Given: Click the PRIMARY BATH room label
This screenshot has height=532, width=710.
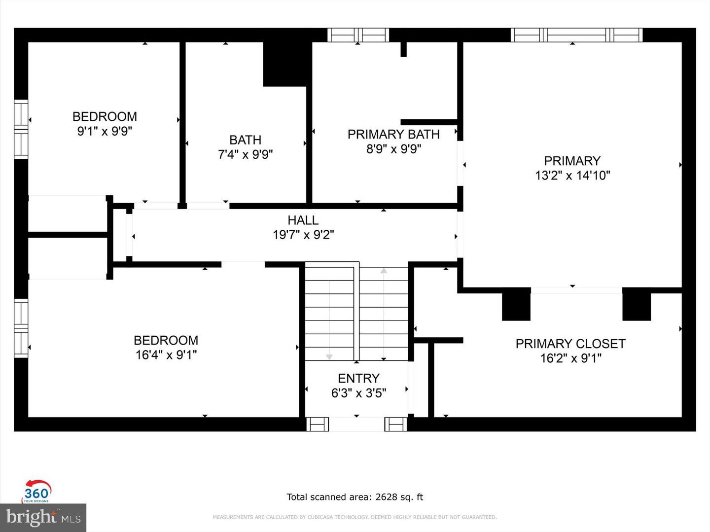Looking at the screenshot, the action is point(393,134).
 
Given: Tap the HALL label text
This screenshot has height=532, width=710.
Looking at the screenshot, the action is point(303,220).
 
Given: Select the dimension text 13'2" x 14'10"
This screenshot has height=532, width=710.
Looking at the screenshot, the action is point(572,176).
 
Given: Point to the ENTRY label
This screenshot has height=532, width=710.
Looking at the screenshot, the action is point(359,378).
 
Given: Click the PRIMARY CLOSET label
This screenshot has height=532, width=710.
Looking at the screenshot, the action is point(570,344).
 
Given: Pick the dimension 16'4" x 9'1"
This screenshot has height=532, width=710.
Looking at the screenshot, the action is point(166,355).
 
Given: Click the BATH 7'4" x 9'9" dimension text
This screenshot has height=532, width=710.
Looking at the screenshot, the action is point(245,154).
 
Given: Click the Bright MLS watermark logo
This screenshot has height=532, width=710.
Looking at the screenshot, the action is point(43,517).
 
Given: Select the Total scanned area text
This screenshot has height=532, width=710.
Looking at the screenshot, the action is point(355,497).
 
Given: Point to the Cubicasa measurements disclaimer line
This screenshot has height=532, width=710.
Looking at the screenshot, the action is point(355,517).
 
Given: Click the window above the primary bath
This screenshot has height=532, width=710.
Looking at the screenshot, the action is point(358,35).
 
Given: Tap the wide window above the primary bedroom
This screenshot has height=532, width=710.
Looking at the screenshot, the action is point(576,35).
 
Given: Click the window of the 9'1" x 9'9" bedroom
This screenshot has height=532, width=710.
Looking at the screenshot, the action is point(21,129).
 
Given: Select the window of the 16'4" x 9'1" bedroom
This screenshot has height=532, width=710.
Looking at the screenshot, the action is point(21,328).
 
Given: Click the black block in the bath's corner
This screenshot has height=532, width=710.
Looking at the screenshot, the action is point(284,64).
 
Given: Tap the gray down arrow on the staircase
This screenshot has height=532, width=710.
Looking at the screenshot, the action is point(329,356).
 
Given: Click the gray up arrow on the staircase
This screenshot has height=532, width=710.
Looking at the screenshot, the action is point(384,271).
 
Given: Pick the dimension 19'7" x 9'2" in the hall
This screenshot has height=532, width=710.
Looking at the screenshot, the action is point(303,235).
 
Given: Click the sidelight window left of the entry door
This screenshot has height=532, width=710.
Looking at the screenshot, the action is point(318,424).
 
